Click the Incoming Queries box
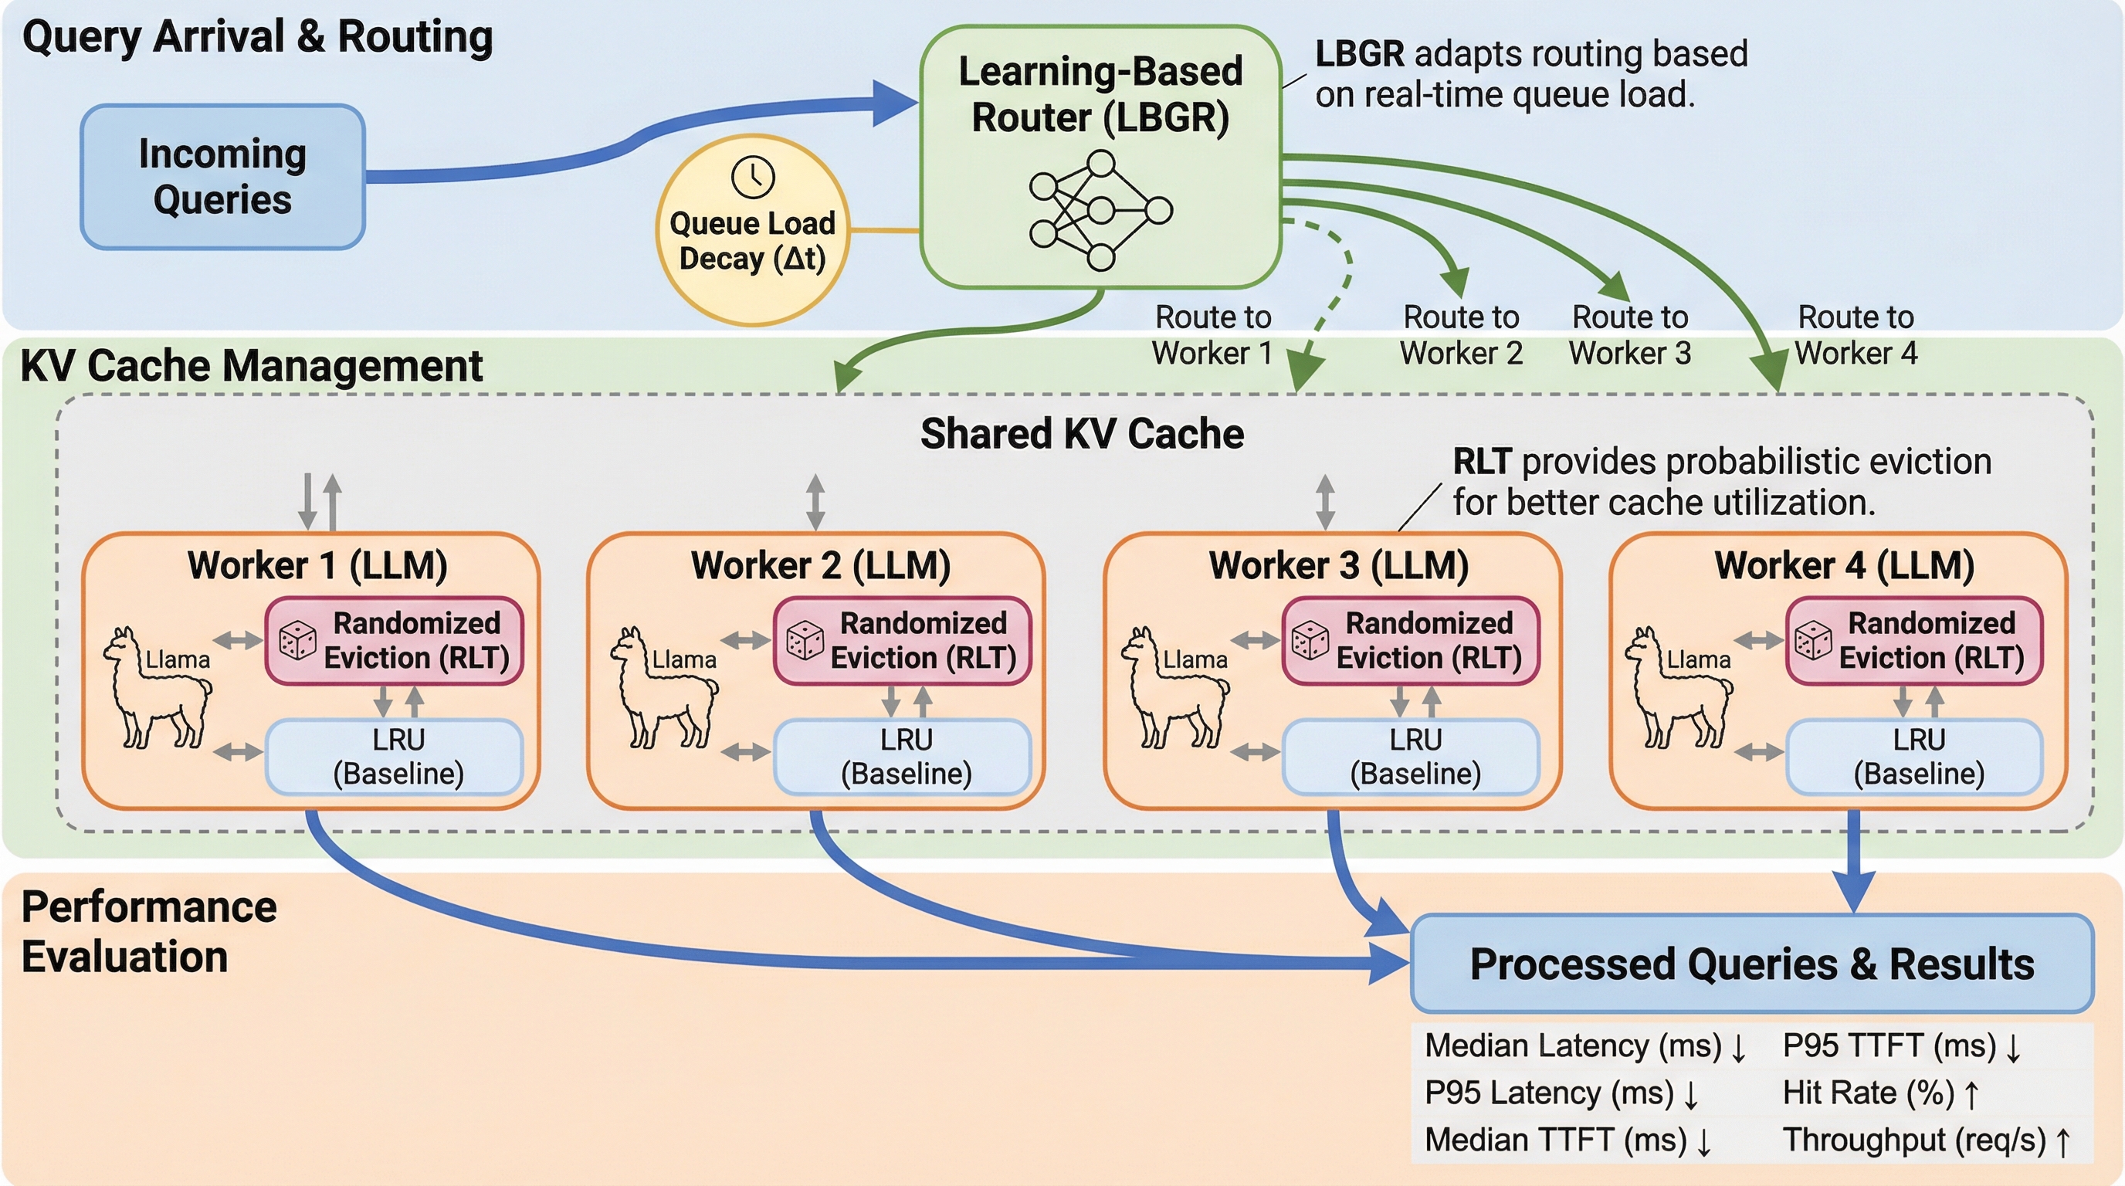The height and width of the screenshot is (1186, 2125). [x=222, y=177]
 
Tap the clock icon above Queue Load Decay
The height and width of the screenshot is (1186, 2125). [x=752, y=178]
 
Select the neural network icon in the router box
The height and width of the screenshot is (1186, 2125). [x=1100, y=211]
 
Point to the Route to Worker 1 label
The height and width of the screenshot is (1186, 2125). [x=1212, y=335]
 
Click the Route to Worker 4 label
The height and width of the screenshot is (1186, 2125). [x=1856, y=335]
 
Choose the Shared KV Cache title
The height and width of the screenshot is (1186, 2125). [x=1082, y=434]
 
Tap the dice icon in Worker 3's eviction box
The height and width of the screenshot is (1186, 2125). [x=1309, y=641]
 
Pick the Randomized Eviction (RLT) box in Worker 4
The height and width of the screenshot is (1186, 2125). [x=1914, y=641]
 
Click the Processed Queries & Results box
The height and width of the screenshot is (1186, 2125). [x=1751, y=964]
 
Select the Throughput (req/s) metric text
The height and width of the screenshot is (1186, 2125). [x=1914, y=1140]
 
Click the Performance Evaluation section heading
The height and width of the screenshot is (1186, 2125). [x=148, y=932]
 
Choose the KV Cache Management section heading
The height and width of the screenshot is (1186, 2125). [x=251, y=365]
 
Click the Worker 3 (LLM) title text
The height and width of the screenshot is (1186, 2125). [x=1338, y=566]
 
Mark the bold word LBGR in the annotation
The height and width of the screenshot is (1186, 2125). [x=1359, y=54]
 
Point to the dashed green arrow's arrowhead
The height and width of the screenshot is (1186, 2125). [x=1304, y=373]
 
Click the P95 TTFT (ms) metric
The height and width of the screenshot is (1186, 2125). [x=1889, y=1045]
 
